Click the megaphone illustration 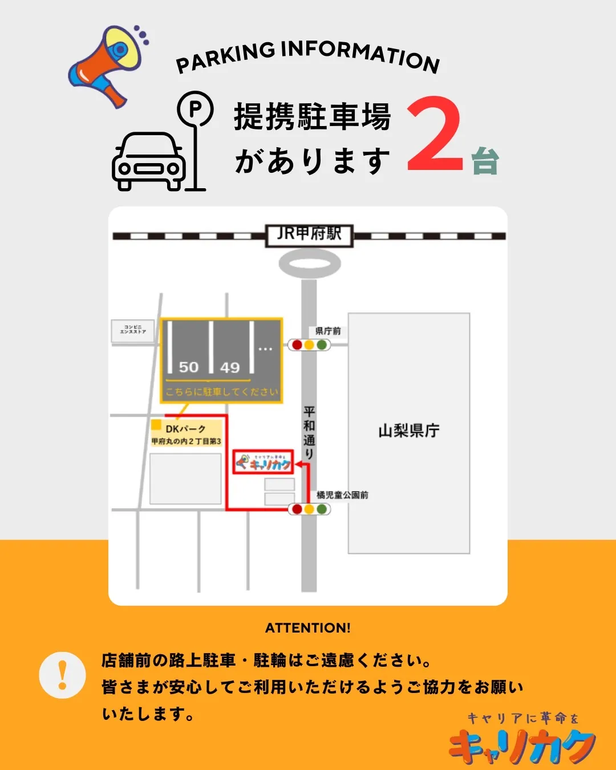[x=108, y=64]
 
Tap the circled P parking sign [x=195, y=109]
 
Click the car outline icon [x=149, y=161]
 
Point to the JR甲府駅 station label [x=309, y=234]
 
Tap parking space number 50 [x=189, y=367]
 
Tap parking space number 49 [x=230, y=367]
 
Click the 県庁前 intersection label [x=328, y=331]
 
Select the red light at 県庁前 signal [x=297, y=345]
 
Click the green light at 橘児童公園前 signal [x=322, y=509]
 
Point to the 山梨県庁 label [x=409, y=431]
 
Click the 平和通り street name [x=309, y=432]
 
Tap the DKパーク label [x=185, y=429]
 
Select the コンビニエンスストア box [x=133, y=330]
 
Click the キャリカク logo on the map [x=264, y=462]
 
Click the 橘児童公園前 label [x=342, y=495]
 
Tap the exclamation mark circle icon [x=62, y=675]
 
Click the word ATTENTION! [x=308, y=628]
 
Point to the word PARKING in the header [x=225, y=58]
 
